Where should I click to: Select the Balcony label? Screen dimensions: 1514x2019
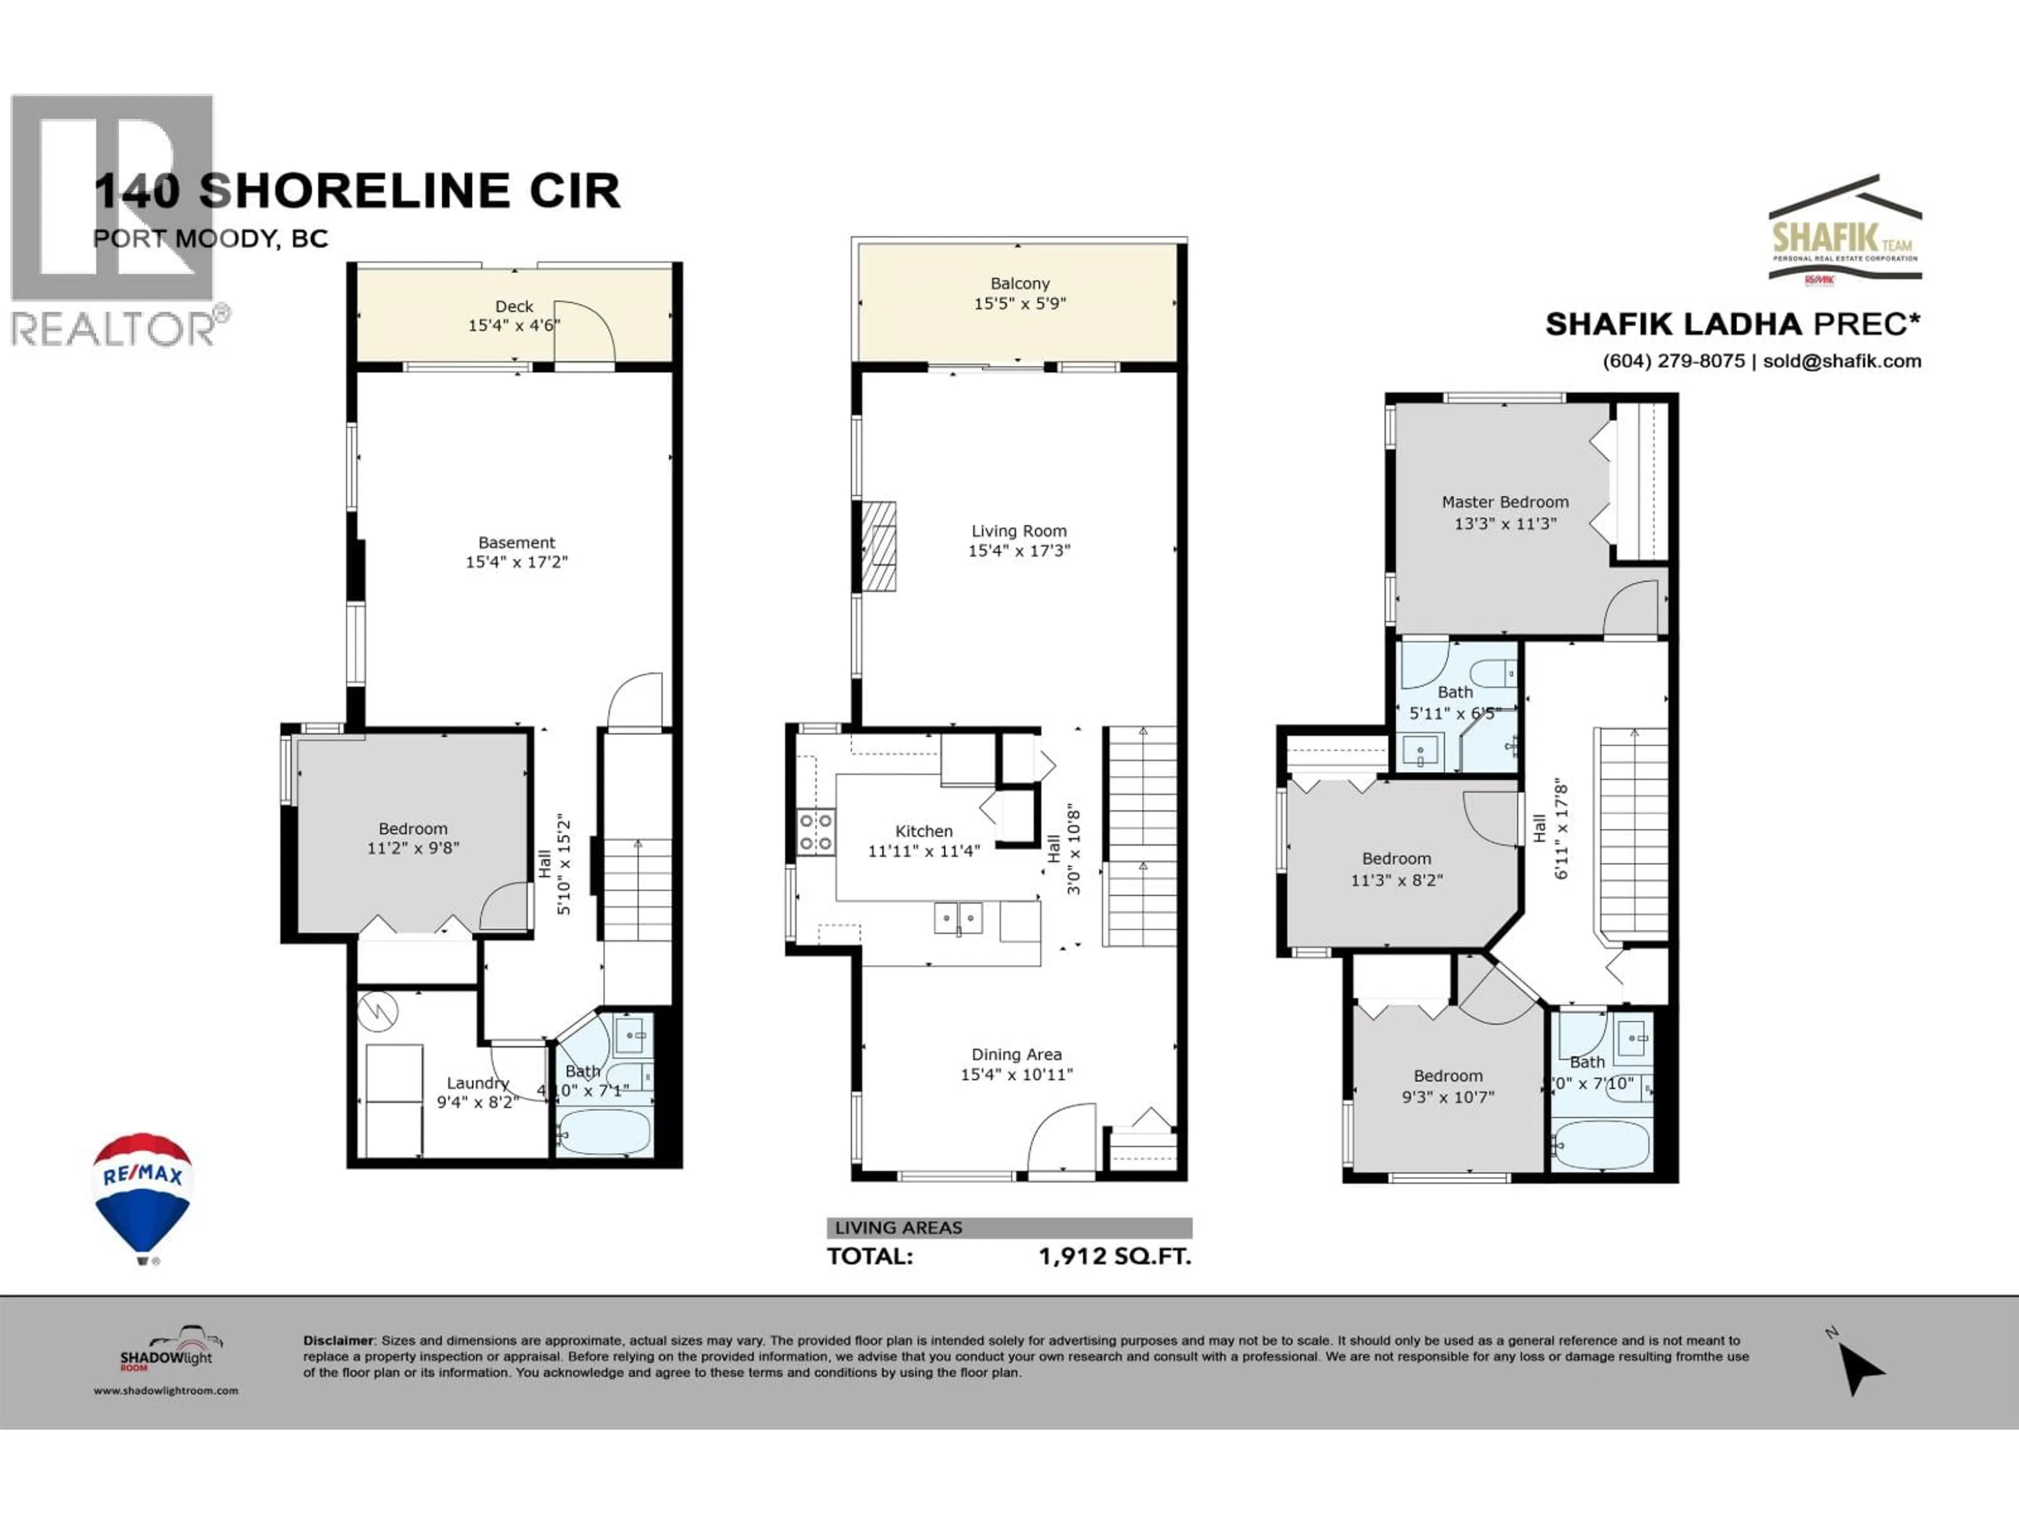[x=1019, y=284]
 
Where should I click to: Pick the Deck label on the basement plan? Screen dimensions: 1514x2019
[x=514, y=306]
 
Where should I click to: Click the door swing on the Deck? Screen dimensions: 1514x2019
[x=584, y=330]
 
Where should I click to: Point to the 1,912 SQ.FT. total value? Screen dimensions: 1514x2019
[x=1115, y=1256]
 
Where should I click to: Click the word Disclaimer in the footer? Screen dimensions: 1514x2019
[x=339, y=1341]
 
